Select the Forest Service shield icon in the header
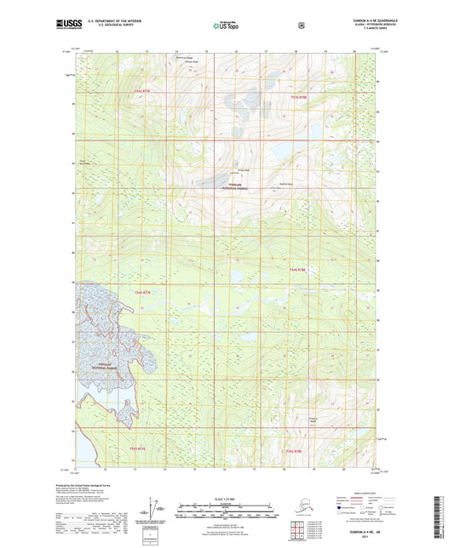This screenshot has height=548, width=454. point(300,26)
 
